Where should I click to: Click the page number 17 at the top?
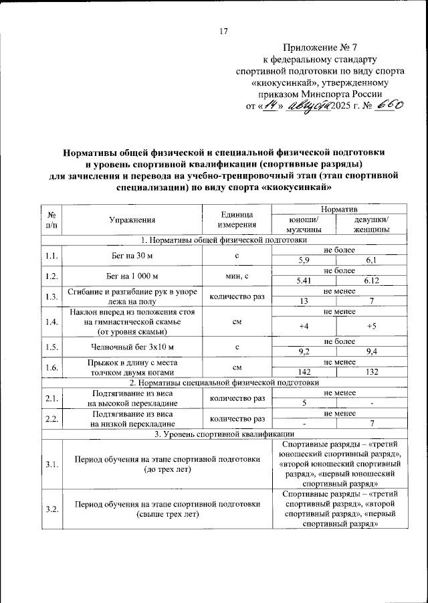click(224, 31)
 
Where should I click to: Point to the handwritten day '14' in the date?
click(270, 105)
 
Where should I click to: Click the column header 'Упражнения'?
click(132, 220)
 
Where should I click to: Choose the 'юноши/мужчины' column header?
click(304, 224)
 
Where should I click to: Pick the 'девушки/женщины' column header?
click(372, 224)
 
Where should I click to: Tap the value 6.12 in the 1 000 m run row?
click(372, 280)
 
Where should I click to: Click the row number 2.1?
click(51, 399)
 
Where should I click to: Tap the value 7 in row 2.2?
click(372, 424)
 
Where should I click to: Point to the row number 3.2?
click(51, 509)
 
